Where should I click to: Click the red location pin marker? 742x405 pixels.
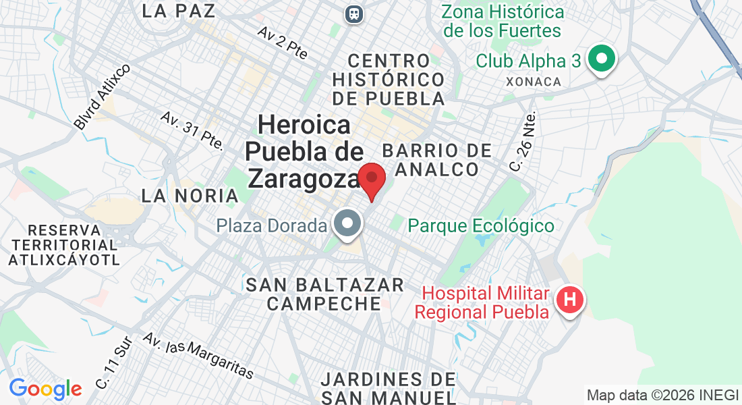tap(371, 180)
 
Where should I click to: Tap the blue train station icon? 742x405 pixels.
tap(353, 13)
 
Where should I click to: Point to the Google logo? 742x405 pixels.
tap(45, 389)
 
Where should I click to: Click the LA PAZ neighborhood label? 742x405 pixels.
tap(179, 11)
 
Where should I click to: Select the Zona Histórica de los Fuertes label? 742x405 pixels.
tap(503, 22)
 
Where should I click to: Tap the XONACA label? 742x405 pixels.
tap(533, 81)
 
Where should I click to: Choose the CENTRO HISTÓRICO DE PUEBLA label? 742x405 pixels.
tap(389, 80)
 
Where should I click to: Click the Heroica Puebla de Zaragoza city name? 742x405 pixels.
tap(305, 152)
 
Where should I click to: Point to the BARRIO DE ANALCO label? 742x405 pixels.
tap(436, 159)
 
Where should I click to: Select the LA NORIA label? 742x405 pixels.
tap(190, 196)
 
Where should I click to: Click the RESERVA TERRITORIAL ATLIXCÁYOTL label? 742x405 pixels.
tap(64, 244)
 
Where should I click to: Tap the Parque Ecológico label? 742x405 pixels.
tap(481, 225)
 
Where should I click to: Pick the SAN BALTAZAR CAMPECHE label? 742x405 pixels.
tap(324, 294)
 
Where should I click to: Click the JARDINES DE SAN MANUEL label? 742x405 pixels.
tap(389, 388)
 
